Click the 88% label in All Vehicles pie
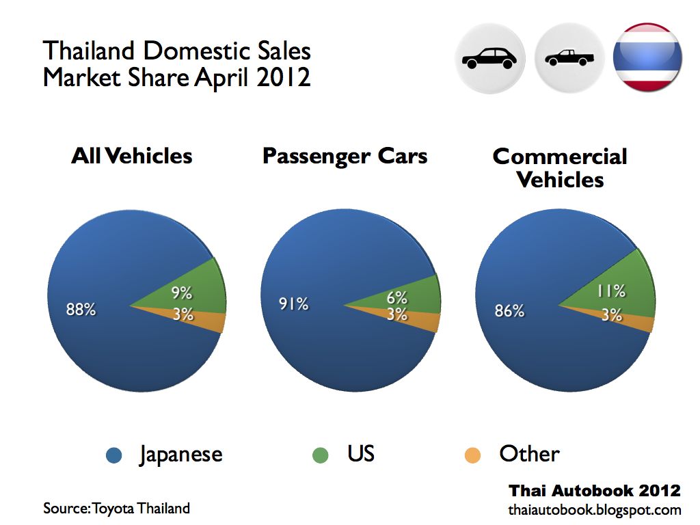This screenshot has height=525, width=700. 81,309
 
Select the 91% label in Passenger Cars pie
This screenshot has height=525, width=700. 293,304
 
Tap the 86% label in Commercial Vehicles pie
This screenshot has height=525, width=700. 509,311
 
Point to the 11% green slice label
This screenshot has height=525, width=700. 610,291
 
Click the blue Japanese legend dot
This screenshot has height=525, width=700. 114,455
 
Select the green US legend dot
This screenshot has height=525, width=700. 320,455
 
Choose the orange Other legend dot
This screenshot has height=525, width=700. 472,455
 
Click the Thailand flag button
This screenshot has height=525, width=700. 647,58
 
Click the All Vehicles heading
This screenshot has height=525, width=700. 132,156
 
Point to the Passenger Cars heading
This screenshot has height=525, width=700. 345,156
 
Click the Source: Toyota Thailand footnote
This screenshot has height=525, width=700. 116,509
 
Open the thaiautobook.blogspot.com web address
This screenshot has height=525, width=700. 594,510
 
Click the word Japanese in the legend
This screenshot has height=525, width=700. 180,455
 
